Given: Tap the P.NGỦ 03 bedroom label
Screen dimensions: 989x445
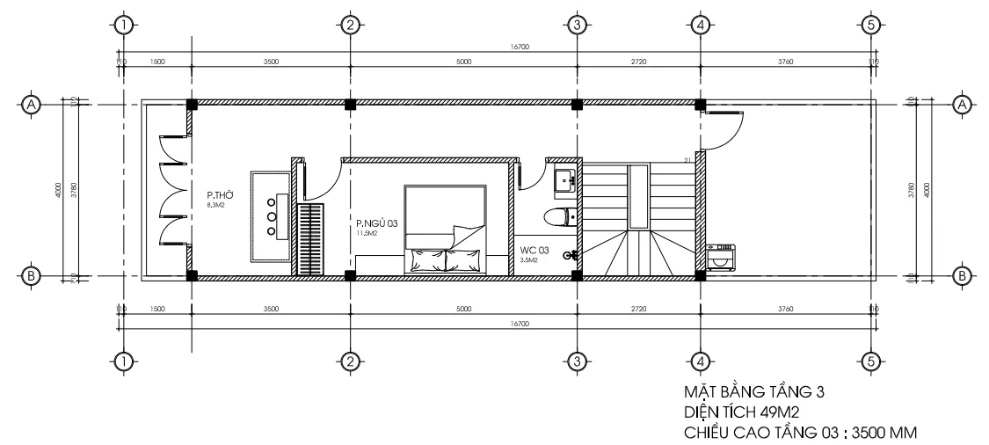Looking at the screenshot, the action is point(376,224).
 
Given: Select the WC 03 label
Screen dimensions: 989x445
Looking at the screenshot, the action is point(534,251).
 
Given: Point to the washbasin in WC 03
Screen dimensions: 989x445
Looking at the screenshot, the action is point(564,181).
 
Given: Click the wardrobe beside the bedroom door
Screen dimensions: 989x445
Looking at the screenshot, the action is point(309,240).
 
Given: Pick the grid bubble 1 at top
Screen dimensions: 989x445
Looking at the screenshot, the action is point(123,25).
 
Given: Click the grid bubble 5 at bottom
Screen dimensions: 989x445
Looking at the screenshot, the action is point(870,361).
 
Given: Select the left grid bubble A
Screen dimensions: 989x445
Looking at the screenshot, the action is point(32,105).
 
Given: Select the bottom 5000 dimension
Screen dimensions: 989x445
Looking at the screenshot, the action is point(463,310).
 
